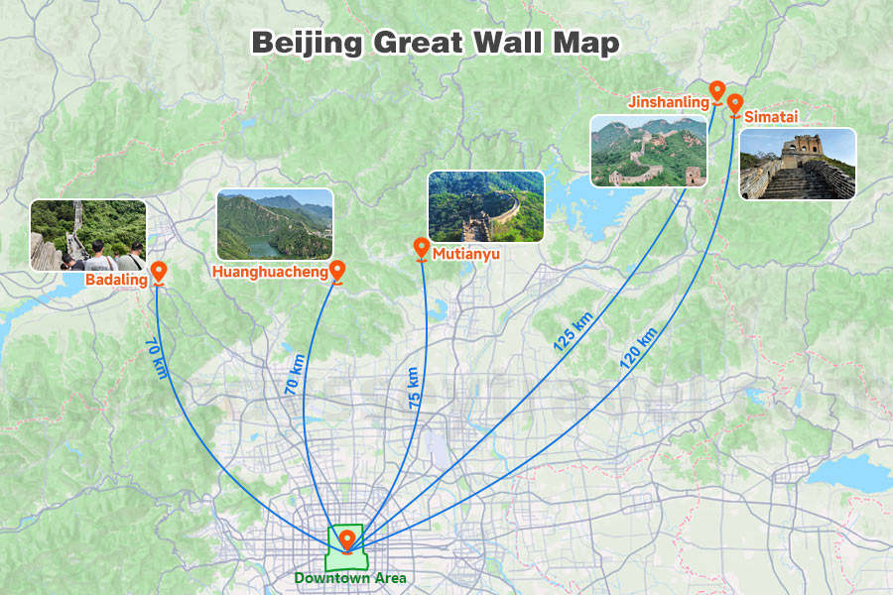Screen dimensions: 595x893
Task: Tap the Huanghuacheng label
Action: point(270,271)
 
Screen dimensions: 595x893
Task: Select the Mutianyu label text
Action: point(465,255)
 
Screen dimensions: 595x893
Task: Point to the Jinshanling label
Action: point(668,101)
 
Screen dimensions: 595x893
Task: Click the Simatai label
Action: point(773,117)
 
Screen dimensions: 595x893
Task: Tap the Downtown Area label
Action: point(349,577)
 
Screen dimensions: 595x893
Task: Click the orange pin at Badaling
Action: point(158,272)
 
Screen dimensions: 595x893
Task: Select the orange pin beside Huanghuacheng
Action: point(337,270)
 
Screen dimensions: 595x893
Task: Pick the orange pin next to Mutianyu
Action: point(421,248)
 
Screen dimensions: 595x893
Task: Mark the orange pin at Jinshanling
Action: point(716,91)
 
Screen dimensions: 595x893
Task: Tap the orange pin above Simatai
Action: point(734,103)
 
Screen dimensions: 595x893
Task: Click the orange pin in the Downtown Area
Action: point(347,539)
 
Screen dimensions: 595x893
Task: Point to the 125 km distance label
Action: point(573,332)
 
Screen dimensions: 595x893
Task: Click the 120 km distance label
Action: point(638,349)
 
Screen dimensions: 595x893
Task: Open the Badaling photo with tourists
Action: point(87,235)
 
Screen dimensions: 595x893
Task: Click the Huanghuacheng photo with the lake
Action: point(275,225)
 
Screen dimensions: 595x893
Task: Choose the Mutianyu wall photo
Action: point(486,207)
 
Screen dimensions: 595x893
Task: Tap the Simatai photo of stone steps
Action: point(798,164)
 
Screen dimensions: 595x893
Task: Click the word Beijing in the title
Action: point(307,44)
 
